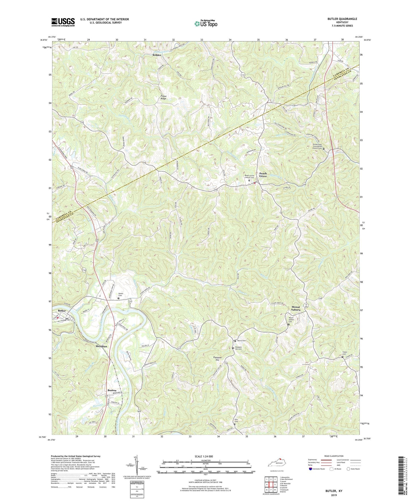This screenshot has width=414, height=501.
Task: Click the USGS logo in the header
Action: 63,22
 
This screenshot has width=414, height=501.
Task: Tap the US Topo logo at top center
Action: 206,23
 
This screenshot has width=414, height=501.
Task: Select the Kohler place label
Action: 157,55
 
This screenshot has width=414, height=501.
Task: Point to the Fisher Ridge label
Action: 163,97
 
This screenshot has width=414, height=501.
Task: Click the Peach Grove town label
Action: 263,175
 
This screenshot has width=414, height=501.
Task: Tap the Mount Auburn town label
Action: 296,308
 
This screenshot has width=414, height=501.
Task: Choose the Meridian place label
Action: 101,346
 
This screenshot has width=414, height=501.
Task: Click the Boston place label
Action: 112,390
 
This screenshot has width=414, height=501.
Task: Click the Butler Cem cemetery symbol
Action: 119,298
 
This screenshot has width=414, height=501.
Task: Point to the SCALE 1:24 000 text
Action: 205,456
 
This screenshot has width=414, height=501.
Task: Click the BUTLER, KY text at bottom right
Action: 334,491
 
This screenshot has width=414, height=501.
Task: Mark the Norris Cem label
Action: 242,341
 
